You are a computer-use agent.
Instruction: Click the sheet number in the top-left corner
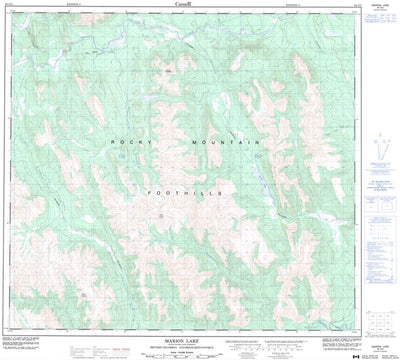(9, 5)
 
